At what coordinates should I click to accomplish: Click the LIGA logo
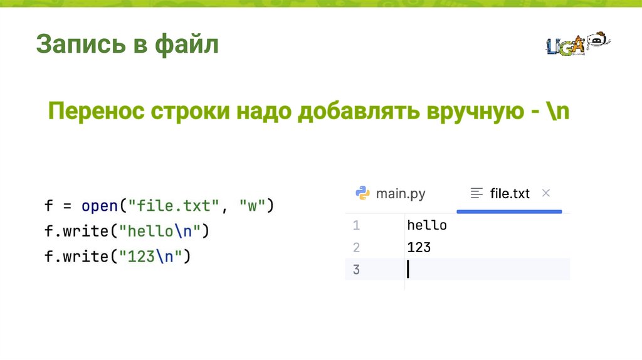point(577,44)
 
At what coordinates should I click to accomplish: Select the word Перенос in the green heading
point(94,114)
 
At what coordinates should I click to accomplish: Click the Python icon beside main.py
point(362,193)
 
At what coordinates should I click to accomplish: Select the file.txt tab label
point(510,193)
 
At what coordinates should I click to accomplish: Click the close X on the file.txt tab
point(545,193)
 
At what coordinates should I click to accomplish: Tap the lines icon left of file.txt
point(477,193)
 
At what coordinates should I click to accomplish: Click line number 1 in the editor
point(356,225)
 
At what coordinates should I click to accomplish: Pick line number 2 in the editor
point(356,248)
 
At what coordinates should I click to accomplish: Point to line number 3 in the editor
point(356,270)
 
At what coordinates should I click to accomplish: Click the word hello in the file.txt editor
point(427,225)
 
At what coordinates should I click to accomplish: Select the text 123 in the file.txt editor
point(419,248)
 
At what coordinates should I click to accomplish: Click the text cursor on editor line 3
point(408,270)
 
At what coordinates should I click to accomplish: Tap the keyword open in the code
point(100,206)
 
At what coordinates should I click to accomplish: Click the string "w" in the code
point(253,206)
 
